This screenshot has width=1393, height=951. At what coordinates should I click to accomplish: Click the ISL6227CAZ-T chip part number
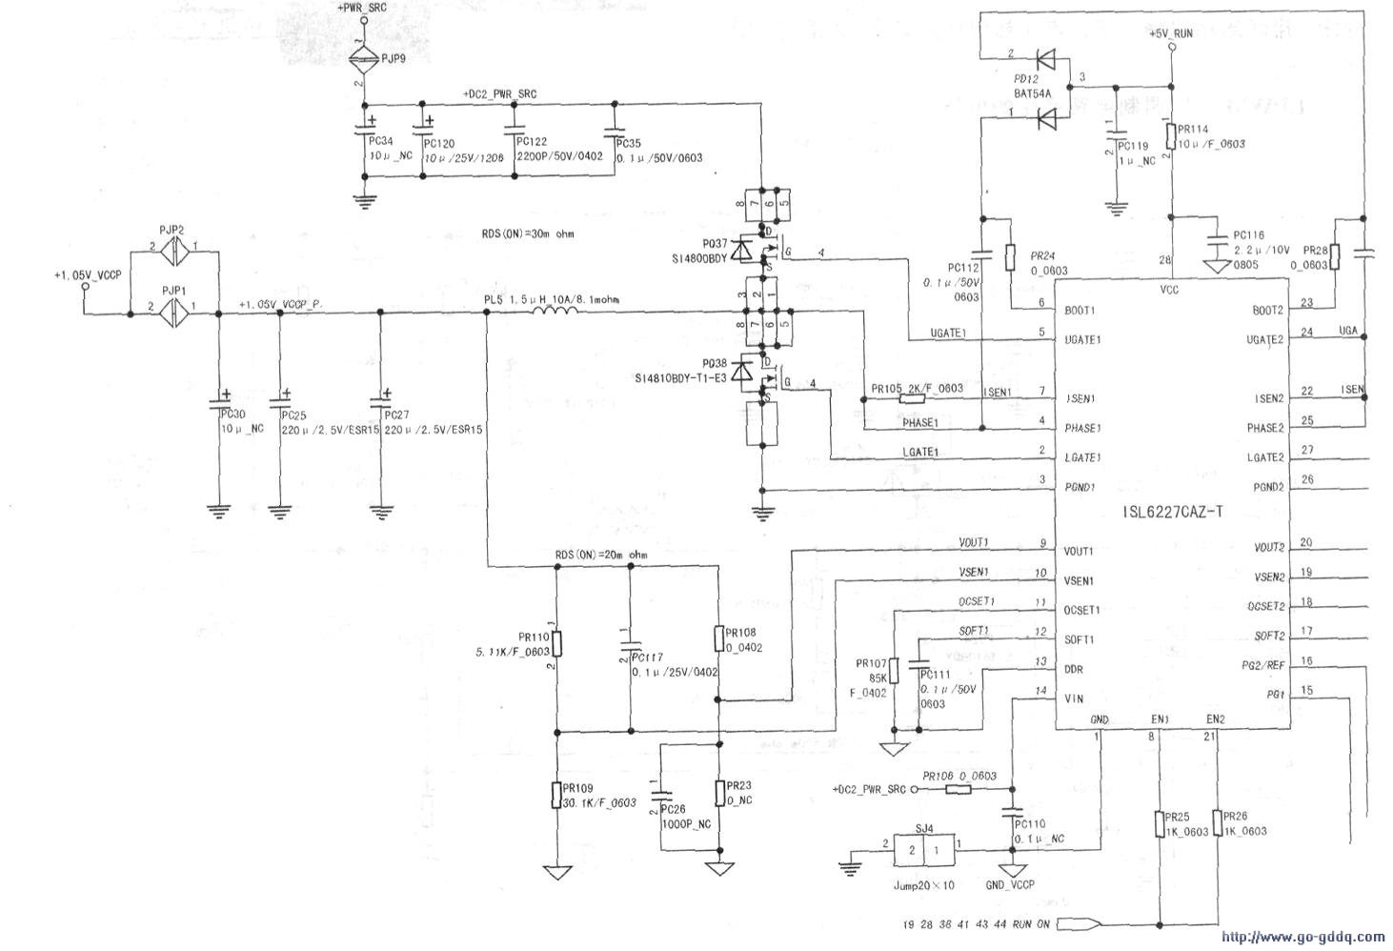(1173, 512)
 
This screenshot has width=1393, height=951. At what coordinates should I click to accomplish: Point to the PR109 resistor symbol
(556, 795)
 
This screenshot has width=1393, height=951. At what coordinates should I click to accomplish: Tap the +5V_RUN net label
(1171, 33)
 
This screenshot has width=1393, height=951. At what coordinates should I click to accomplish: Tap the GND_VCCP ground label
(1010, 885)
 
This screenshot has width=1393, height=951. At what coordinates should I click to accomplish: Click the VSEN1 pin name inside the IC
(1079, 580)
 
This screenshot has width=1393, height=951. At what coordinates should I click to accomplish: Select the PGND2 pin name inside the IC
(1265, 487)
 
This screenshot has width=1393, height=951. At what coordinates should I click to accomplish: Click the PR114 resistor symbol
(1171, 137)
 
